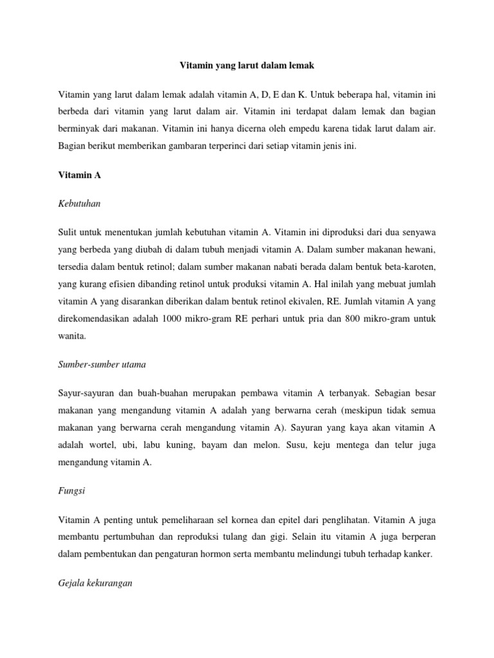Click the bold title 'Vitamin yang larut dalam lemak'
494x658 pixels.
coord(246,66)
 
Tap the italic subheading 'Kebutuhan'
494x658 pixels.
coord(80,203)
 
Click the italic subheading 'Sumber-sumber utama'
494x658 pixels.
coord(102,364)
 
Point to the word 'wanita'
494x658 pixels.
coord(72,335)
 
